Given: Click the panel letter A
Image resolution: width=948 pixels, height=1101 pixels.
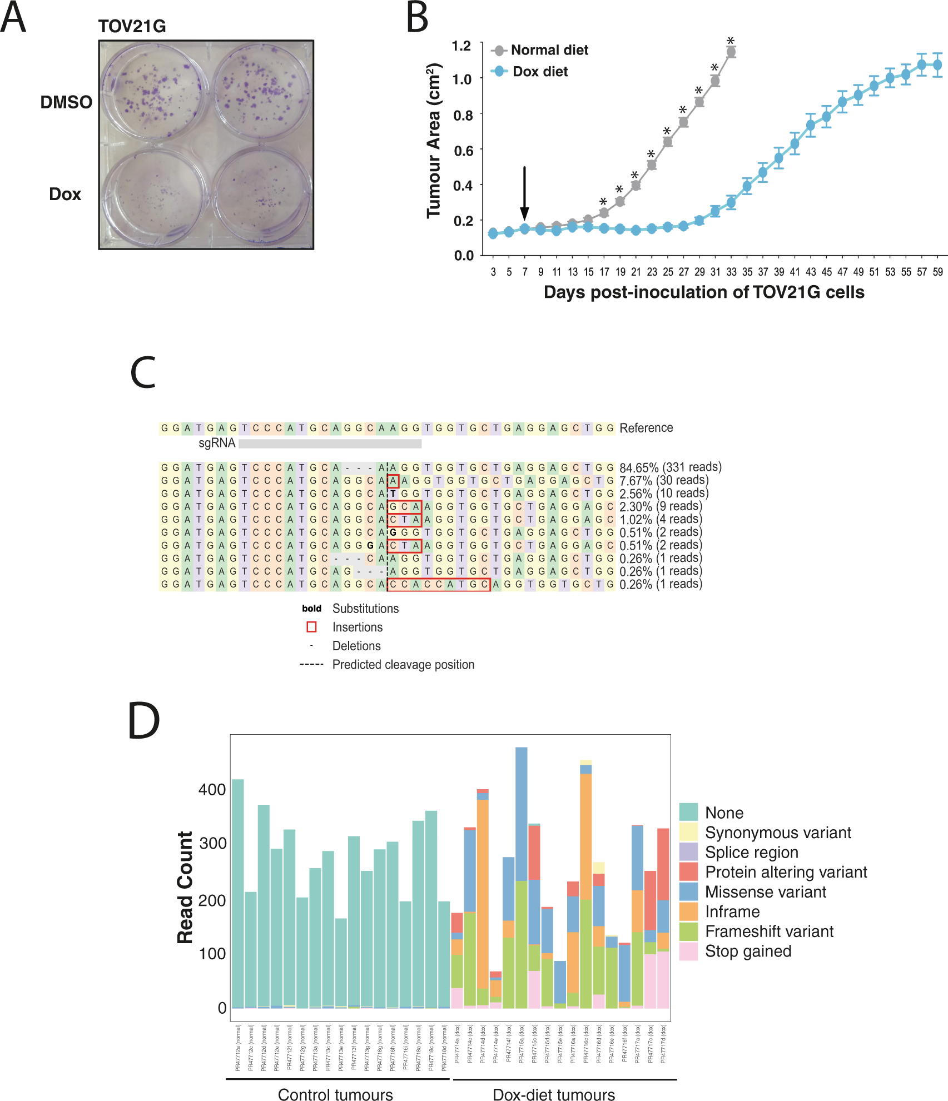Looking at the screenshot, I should (13, 18).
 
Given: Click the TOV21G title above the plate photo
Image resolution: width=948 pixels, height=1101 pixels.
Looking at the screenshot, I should (132, 26).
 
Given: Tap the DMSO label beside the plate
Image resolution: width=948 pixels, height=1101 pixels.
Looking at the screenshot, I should (66, 102).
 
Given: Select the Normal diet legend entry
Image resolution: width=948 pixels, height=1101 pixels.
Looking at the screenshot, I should (549, 50).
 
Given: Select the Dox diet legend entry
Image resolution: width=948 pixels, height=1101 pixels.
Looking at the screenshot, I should (539, 72).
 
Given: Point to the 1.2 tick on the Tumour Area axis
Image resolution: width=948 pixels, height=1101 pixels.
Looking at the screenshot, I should (461, 46).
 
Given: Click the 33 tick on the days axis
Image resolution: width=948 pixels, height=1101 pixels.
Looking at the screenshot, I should (731, 272).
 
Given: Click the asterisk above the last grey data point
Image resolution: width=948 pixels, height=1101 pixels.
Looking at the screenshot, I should (731, 41).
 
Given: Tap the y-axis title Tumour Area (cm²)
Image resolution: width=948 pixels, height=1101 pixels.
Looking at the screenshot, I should (434, 141).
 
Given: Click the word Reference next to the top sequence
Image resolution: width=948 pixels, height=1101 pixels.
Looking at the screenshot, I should (646, 428).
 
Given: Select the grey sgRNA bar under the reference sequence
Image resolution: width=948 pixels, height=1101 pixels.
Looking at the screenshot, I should (330, 444).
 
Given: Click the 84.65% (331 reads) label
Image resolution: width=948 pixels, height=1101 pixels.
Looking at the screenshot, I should (670, 467).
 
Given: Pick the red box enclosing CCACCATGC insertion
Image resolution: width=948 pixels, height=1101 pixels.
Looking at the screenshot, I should (439, 585).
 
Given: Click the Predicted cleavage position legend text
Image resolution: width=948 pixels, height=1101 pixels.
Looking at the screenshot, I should (403, 665).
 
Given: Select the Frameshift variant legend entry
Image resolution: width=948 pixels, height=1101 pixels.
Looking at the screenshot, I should (769, 931).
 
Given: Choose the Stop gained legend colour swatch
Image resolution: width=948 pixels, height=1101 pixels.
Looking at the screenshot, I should (688, 951).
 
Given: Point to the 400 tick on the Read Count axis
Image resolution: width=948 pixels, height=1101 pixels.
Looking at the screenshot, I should (212, 790).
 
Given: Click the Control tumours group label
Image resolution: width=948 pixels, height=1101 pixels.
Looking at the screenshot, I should (335, 1094).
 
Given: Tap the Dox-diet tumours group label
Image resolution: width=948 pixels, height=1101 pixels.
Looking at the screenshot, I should (554, 1094).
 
